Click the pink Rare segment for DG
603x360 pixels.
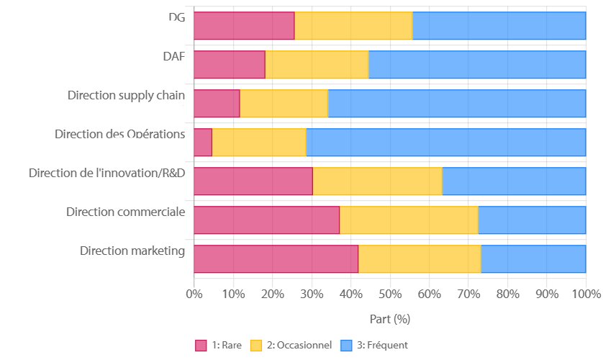[244, 26]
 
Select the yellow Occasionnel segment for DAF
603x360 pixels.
[317, 65]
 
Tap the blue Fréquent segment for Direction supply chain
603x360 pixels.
[456, 104]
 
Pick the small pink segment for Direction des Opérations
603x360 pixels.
[203, 143]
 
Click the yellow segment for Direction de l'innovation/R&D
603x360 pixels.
[377, 181]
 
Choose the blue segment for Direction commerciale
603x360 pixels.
[532, 220]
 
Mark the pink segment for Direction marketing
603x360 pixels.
[276, 258]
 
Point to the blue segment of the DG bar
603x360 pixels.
[499, 26]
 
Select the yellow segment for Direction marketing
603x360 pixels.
[420, 258]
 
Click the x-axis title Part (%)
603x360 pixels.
[389, 318]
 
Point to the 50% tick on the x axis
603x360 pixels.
[389, 294]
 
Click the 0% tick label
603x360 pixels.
[194, 294]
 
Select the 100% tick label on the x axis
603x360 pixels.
[585, 294]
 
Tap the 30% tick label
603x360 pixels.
[311, 294]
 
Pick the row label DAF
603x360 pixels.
[173, 56]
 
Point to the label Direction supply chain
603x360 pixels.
[126, 95]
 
